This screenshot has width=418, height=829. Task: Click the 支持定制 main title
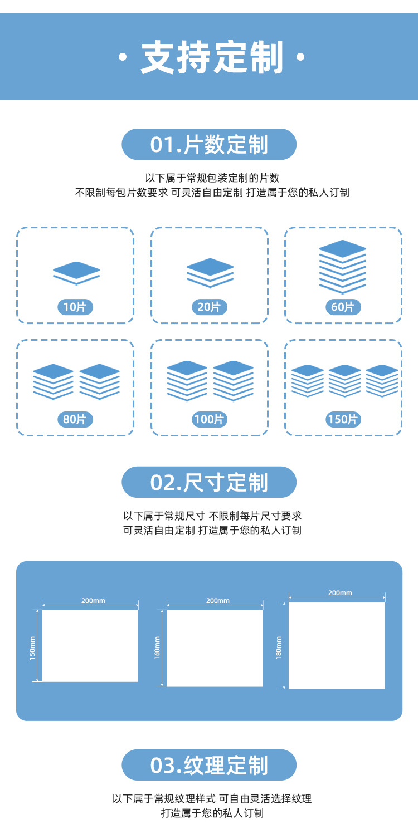click(x=209, y=57)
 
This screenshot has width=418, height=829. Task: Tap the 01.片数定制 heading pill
click(x=209, y=145)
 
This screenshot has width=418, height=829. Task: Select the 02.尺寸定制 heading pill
click(x=209, y=482)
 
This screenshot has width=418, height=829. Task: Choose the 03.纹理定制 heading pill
click(x=209, y=765)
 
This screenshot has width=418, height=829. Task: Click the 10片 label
click(x=75, y=307)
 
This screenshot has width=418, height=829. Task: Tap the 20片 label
click(x=209, y=307)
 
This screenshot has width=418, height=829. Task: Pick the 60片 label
click(x=343, y=307)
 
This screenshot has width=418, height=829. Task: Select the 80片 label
click(x=75, y=419)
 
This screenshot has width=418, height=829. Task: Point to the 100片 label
click(x=209, y=419)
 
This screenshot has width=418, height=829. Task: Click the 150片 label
click(x=343, y=419)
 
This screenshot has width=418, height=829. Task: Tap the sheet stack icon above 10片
click(x=76, y=272)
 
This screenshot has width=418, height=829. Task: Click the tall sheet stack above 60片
click(x=343, y=266)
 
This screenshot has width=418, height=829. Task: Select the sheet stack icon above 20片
click(x=210, y=272)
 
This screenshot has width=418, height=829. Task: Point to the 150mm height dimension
click(x=32, y=648)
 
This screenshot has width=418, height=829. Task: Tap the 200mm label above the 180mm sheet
click(x=340, y=593)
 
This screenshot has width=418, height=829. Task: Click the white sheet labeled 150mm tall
click(x=90, y=645)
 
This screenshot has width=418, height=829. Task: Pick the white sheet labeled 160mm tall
click(x=215, y=647)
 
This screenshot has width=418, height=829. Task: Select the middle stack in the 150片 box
click(x=345, y=380)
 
